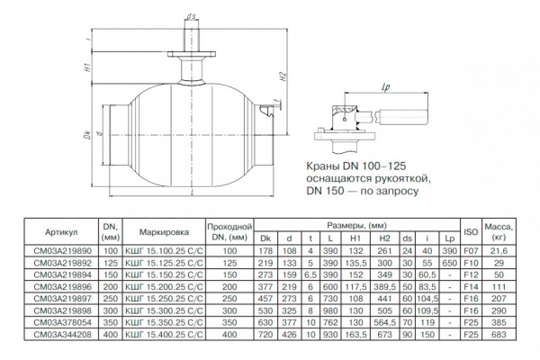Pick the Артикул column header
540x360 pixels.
click(x=62, y=230)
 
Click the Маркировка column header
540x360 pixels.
click(x=161, y=230)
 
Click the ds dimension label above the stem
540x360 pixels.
click(x=192, y=16)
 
